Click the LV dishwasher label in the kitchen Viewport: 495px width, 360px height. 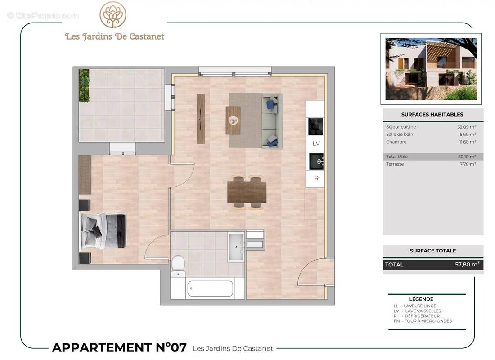[316, 144]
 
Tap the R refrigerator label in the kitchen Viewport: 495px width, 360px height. [316, 178]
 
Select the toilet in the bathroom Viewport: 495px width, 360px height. [178, 265]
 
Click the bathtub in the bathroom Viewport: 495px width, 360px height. [210, 288]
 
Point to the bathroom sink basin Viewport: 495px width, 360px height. [236, 247]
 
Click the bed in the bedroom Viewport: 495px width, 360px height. [103, 231]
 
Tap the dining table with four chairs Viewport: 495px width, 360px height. [247, 192]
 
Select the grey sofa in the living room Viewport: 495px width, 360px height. [272, 121]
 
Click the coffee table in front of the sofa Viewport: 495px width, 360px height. [233, 120]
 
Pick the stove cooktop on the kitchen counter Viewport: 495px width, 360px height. [315, 126]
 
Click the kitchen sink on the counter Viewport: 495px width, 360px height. [315, 161]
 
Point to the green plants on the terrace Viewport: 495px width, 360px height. [84, 85]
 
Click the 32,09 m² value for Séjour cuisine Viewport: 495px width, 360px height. [467, 127]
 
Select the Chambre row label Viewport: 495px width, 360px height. [396, 142]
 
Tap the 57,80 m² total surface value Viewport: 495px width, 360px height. [467, 265]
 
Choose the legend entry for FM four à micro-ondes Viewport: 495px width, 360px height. [423, 321]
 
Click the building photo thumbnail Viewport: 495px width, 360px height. [431, 69]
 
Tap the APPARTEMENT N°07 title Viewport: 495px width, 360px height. [119, 347]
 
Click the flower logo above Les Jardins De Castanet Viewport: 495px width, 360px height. [113, 14]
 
